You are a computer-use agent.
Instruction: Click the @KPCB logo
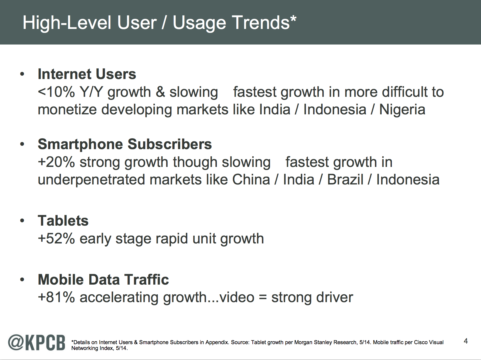tap(36, 343)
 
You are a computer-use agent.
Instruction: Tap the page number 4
tap(466, 341)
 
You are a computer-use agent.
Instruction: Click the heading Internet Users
tap(87, 74)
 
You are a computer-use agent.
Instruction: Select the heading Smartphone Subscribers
tap(125, 144)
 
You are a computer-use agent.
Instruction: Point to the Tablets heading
tap(63, 221)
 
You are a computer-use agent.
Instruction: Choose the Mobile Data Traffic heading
tap(103, 280)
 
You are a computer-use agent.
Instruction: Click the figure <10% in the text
tap(57, 92)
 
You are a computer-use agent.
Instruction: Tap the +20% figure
tap(57, 162)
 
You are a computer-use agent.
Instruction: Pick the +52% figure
tap(57, 239)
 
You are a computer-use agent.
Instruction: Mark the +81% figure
tap(57, 297)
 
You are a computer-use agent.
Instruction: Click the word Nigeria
tap(402, 110)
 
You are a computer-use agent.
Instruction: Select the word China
tap(251, 180)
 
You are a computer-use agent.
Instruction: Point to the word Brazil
tap(345, 180)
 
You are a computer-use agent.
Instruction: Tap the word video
tap(237, 297)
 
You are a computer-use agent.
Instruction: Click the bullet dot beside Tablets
tap(22, 221)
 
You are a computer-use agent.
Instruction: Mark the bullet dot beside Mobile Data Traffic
tap(22, 280)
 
